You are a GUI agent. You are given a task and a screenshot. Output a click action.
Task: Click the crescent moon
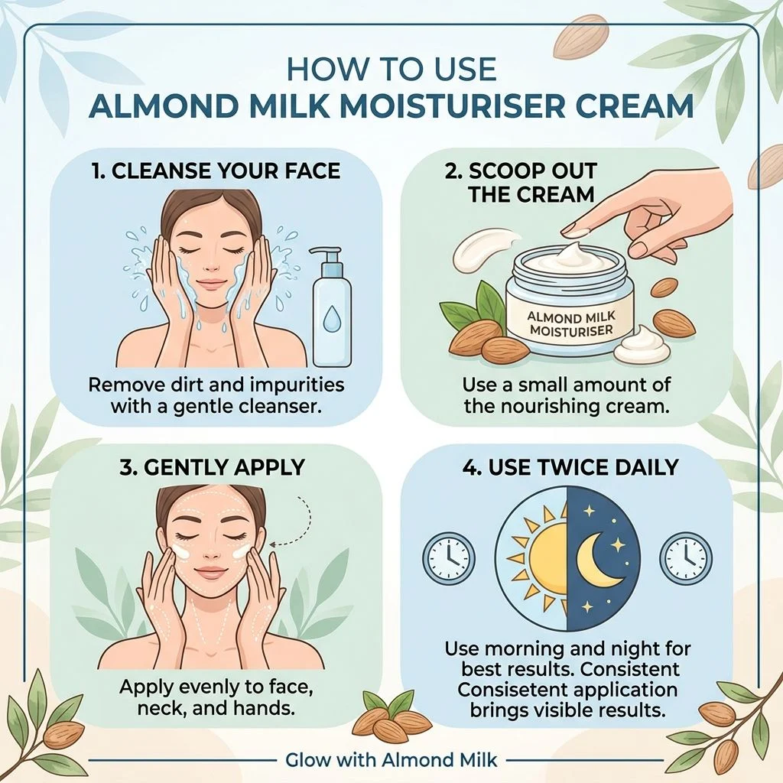pos(599,559)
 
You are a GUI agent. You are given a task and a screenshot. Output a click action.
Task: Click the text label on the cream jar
pos(571,323)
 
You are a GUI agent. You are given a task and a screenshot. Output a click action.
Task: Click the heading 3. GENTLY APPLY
pos(212,467)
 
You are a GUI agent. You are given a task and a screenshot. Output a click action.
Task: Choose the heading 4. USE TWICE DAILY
pos(570,467)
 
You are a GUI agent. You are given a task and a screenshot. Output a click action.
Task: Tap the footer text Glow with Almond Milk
pos(391,760)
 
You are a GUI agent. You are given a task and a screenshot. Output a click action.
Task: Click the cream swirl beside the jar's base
pos(642,345)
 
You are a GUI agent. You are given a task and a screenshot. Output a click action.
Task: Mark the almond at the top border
pos(582,37)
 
